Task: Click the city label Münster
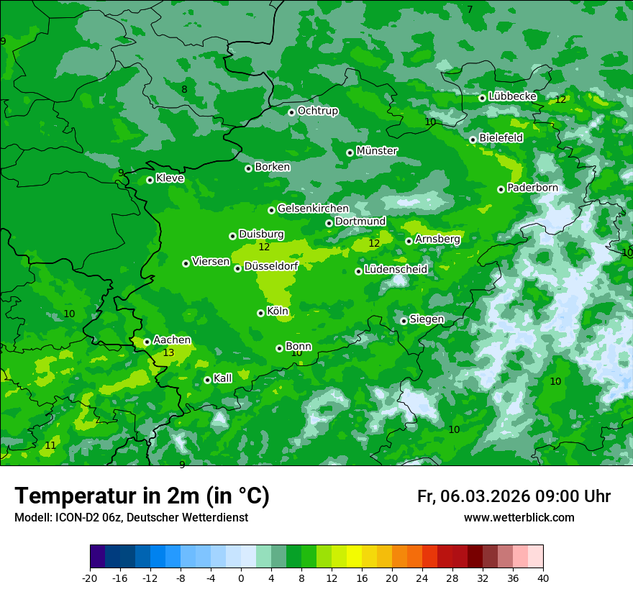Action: [x=377, y=151]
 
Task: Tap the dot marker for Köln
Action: [x=260, y=313]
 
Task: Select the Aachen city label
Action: [x=172, y=340]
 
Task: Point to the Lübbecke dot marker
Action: [x=482, y=98]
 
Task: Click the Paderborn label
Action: [x=532, y=188]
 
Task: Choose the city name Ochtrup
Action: [x=318, y=111]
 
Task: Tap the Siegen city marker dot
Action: [x=404, y=321]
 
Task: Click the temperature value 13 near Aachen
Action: [x=168, y=352]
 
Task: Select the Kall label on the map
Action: [x=223, y=378]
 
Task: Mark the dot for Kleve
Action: [x=150, y=180]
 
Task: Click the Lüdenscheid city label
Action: [x=396, y=270]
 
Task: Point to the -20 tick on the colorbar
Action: [x=90, y=578]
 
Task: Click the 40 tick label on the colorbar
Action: [x=542, y=578]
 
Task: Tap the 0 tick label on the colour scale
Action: [x=241, y=578]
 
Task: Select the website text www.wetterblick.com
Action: [x=519, y=518]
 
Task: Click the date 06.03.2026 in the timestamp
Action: [x=486, y=496]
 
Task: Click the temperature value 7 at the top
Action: [x=470, y=9]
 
